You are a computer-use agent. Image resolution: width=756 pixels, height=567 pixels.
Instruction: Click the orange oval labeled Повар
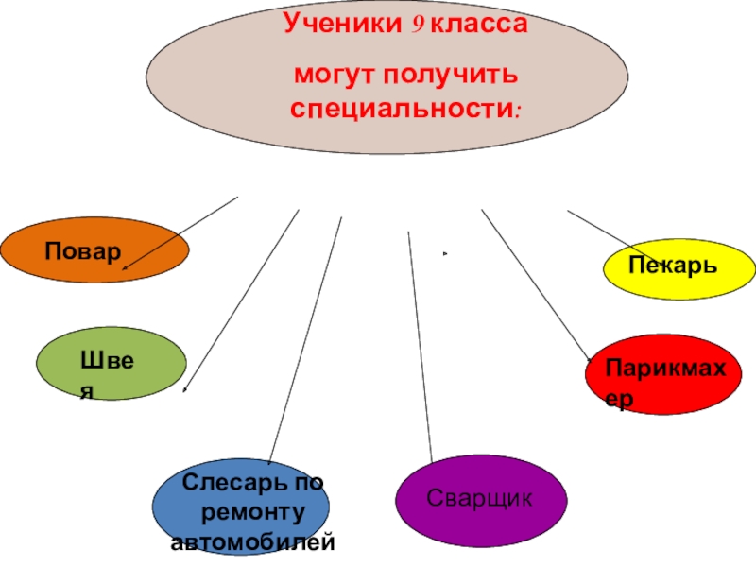[x=94, y=250]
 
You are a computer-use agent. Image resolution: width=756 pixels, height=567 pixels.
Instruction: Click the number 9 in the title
[x=414, y=27]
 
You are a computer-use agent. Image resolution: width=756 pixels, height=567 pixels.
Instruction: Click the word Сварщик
[x=480, y=497]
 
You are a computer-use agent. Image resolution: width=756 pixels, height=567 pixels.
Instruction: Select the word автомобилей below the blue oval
[x=252, y=543]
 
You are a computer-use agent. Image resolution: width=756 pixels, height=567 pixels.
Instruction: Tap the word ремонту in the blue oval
[x=252, y=513]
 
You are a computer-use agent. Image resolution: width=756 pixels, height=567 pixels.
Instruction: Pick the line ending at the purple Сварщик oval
[x=420, y=350]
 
